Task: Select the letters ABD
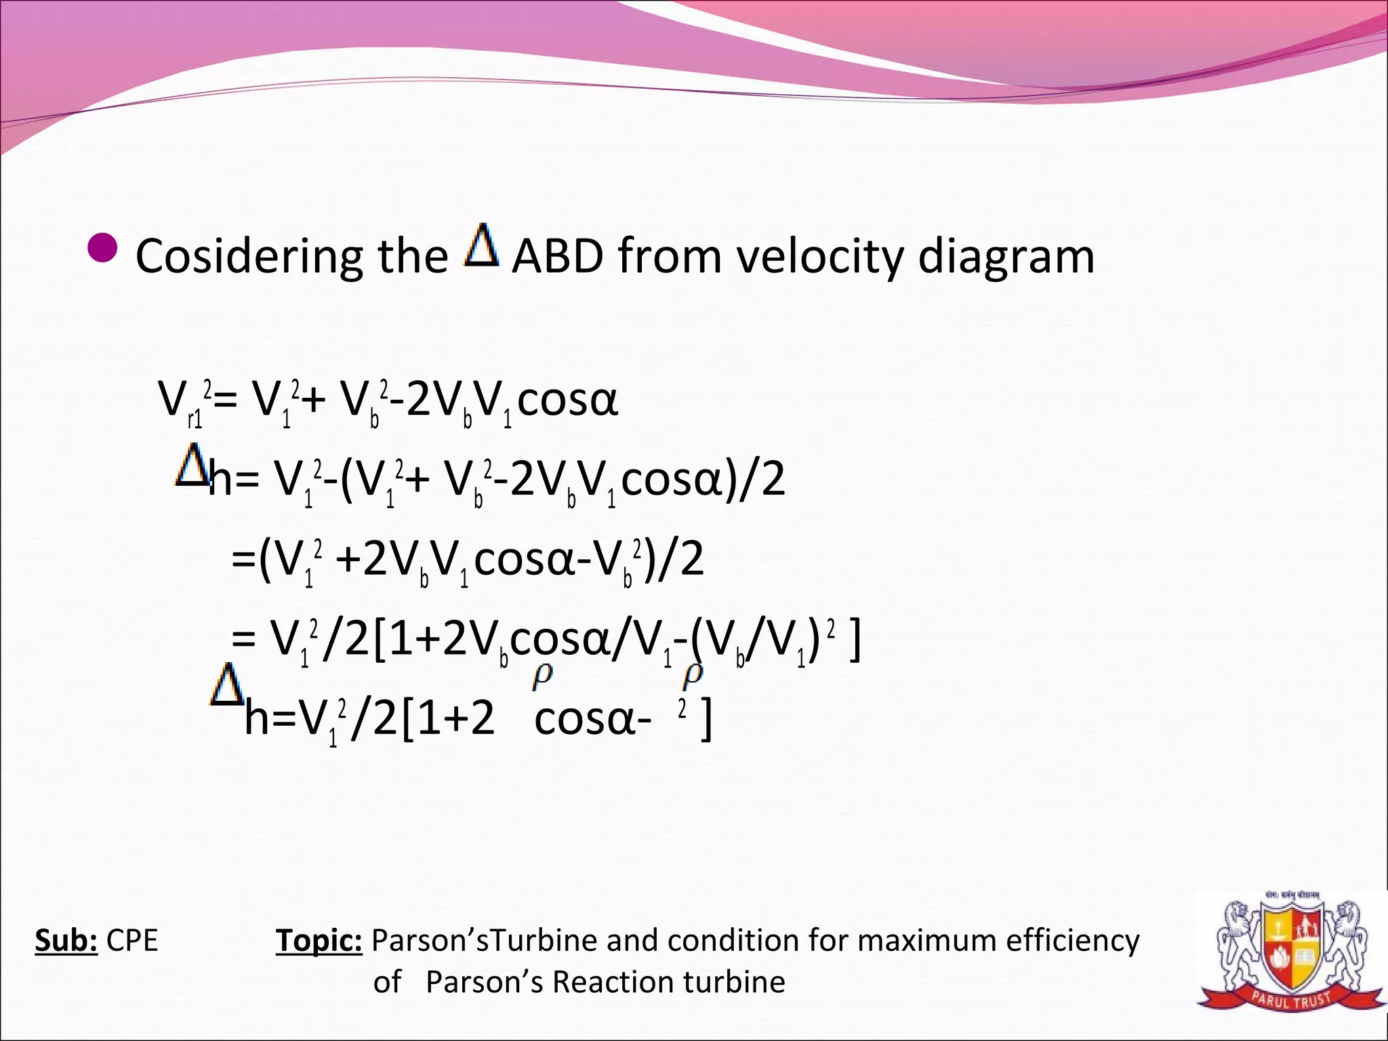[557, 257]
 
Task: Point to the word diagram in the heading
[1006, 257]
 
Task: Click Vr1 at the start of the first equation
[180, 402]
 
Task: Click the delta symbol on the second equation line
[191, 465]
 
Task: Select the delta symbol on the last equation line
[226, 685]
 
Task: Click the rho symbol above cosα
[543, 676]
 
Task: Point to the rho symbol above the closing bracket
[693, 676]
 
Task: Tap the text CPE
[132, 941]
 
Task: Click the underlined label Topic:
[319, 941]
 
